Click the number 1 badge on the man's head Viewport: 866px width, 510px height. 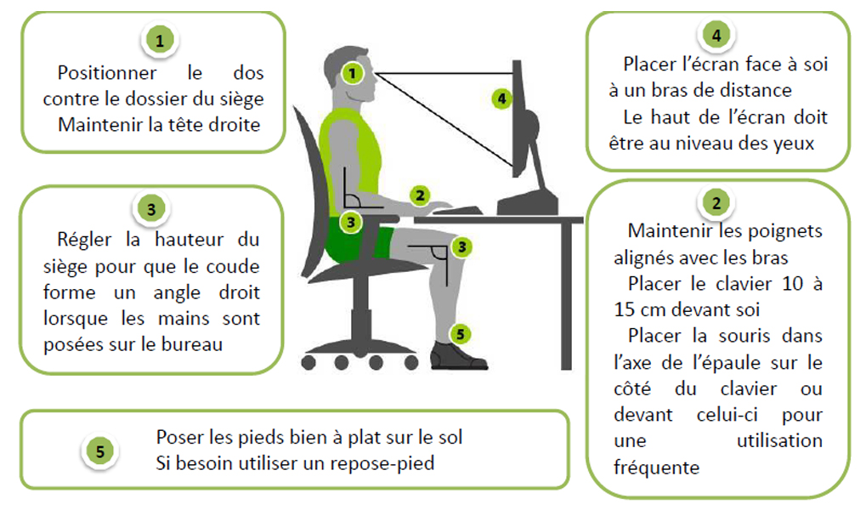coord(352,73)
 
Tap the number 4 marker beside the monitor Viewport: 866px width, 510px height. coord(501,99)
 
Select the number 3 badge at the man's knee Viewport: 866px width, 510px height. coord(461,247)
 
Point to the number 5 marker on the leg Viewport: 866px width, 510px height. coord(460,334)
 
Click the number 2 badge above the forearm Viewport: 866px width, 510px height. coord(421,195)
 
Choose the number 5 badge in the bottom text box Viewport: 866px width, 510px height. coord(100,451)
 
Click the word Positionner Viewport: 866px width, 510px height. coord(107,73)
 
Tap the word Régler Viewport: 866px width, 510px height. coord(84,240)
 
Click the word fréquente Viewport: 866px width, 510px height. coord(657,467)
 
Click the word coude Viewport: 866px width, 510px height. coord(233,266)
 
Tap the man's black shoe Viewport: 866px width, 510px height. coord(458,356)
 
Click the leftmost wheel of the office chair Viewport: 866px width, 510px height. coord(308,363)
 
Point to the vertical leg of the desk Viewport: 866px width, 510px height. coord(566,296)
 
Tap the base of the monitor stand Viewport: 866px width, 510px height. coord(527,202)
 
